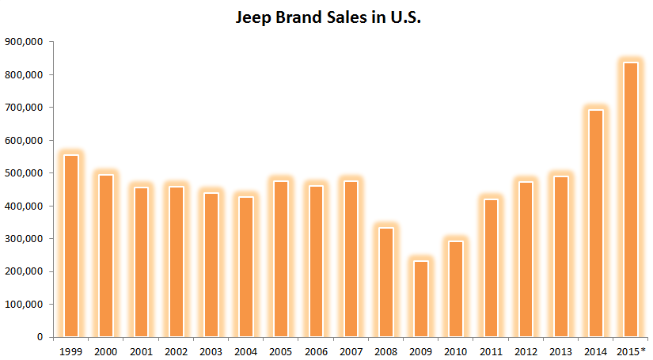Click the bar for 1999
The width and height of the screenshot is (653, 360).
tap(71, 245)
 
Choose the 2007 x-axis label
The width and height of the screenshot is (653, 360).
tap(351, 351)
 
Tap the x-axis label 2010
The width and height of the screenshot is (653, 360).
tap(457, 351)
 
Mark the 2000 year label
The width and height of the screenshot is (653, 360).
tap(106, 351)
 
